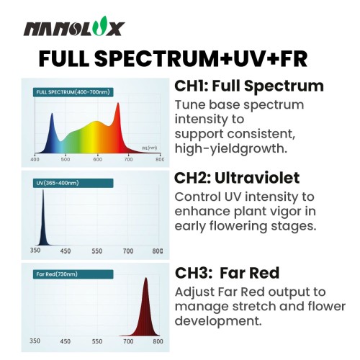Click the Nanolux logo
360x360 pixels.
click(74, 27)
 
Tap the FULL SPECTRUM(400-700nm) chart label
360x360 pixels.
click(73, 92)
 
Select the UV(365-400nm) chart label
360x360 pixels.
click(73, 183)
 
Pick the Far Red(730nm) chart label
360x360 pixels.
click(73, 274)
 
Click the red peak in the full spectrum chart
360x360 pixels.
click(118, 104)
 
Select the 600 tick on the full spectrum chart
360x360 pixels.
click(97, 159)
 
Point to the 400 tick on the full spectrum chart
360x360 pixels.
click(35, 159)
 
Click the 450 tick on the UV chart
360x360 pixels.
click(66, 251)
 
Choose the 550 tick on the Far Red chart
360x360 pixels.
click(97, 341)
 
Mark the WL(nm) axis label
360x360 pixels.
click(149, 148)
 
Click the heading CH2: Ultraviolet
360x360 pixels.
click(237, 178)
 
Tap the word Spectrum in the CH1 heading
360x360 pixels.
click(284, 86)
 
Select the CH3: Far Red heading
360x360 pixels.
click(228, 273)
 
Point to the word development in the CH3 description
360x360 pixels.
click(218, 321)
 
